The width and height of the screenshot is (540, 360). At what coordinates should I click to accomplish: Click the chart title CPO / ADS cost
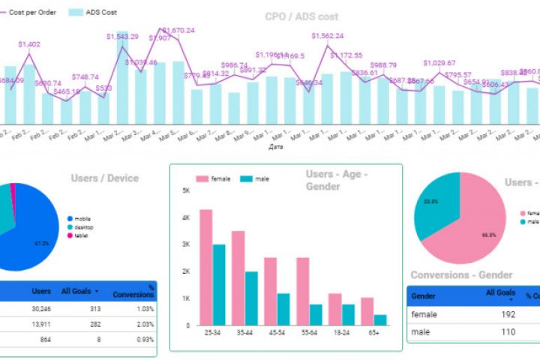point(301,16)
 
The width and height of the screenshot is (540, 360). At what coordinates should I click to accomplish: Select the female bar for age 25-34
point(205,267)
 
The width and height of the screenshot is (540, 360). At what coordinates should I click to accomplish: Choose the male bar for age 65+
point(379,319)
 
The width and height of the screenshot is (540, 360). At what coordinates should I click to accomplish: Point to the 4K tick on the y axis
point(185,217)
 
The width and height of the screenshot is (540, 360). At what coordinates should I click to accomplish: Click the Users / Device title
point(105,178)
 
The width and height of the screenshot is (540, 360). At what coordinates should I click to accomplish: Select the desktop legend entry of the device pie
point(82,226)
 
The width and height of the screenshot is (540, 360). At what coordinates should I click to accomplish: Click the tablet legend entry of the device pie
point(80,235)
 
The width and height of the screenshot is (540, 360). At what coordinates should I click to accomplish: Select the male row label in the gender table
point(421,331)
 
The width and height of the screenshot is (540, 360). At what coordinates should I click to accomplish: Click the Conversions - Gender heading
point(461,275)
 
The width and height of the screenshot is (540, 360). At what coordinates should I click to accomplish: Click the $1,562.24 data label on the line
point(328,36)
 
